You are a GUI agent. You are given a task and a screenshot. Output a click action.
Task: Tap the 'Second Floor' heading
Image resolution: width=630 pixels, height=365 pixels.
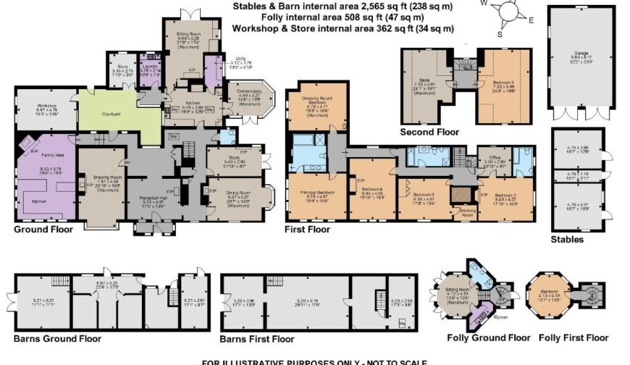tap(429, 133)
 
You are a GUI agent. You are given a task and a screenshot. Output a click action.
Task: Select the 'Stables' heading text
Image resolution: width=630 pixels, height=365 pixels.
tap(566, 239)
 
